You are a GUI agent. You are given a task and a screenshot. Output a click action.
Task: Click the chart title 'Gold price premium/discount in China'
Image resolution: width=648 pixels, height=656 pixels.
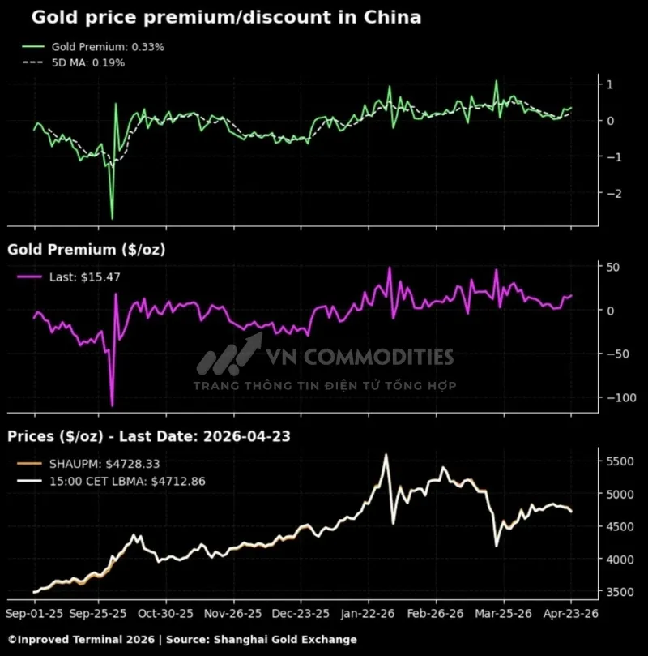pos(214,17)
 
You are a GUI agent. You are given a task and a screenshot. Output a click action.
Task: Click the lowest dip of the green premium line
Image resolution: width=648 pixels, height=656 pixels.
pos(112,218)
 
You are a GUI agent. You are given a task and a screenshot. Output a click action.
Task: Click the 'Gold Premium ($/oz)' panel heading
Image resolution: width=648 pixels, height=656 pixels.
pos(87,250)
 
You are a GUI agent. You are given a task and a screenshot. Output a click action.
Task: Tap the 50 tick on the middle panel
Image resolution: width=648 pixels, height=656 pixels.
pos(614,267)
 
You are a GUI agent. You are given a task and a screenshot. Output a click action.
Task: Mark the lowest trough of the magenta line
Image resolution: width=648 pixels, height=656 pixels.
pos(112,405)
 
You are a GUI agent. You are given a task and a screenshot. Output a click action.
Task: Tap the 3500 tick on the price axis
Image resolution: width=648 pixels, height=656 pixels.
pos(620,592)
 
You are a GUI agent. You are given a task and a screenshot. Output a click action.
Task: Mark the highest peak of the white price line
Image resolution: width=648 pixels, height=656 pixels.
pos(386,455)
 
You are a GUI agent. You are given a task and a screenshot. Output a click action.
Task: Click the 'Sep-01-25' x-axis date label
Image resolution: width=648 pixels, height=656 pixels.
pos(33,614)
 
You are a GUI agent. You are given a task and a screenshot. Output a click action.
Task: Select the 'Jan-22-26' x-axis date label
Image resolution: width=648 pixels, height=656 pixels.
pos(368,614)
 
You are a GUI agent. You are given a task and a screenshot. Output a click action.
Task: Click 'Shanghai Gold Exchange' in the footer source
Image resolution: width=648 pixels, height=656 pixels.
pos(284,640)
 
